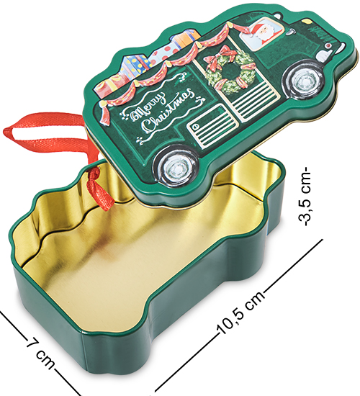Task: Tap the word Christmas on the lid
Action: [168, 110]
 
